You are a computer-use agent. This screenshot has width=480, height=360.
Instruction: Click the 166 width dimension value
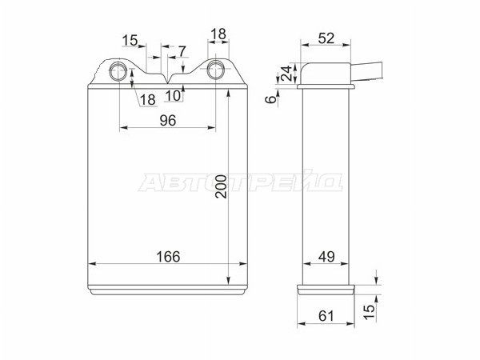click(168, 257)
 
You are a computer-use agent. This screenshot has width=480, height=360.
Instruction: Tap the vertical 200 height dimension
click(221, 186)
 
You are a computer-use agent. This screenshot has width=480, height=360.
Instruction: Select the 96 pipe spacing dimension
click(168, 121)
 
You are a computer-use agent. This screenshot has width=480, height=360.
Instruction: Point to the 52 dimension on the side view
click(326, 38)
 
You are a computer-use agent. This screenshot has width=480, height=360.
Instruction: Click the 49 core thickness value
click(326, 257)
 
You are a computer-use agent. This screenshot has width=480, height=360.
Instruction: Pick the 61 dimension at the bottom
click(326, 316)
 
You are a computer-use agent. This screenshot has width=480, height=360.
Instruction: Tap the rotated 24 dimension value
click(287, 73)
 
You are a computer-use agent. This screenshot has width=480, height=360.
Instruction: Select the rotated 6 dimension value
click(270, 99)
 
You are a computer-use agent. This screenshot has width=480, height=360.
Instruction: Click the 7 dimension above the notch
click(182, 51)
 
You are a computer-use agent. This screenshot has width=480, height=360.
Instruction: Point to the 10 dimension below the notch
click(174, 96)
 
